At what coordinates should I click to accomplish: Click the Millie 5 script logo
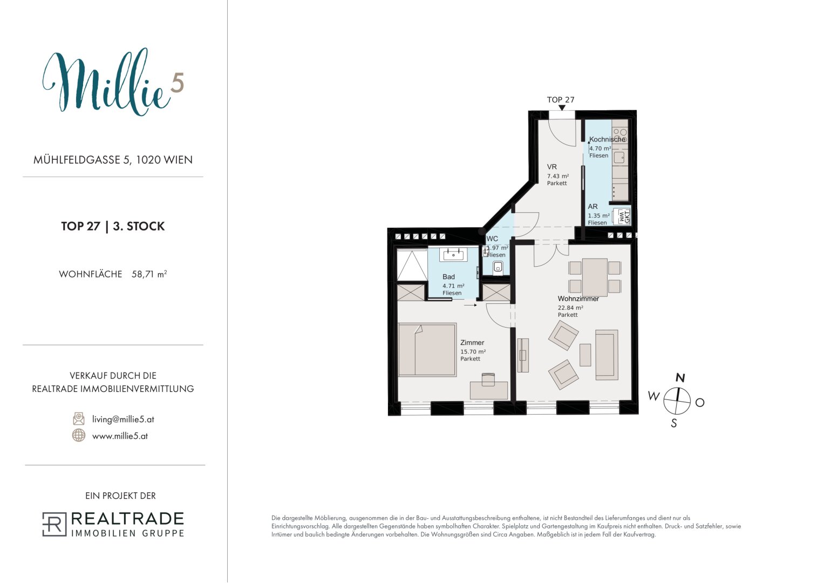point(112,82)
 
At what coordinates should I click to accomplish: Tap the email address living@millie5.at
point(123,419)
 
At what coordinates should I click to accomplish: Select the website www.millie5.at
point(120,436)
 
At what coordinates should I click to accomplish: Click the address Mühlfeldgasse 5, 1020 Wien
point(113,160)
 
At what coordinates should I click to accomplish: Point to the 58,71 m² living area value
point(149,274)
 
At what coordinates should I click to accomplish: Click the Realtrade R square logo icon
point(54,524)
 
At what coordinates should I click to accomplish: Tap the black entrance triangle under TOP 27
point(562,107)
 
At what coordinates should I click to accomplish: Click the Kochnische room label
point(607,139)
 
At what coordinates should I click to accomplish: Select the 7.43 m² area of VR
point(557,176)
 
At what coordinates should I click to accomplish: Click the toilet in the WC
point(498,267)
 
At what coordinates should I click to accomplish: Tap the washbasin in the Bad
point(453,254)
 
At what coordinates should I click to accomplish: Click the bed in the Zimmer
point(427,350)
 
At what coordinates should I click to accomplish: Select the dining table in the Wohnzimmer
point(595,277)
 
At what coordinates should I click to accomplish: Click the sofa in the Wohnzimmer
point(607,355)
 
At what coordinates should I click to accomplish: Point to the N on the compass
point(680,378)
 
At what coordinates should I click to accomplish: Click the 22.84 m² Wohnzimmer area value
point(570,308)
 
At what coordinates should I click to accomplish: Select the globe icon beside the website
point(79,436)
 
